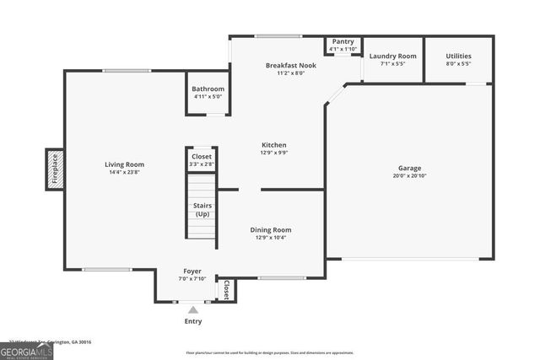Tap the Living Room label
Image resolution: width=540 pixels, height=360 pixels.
[x=124, y=164]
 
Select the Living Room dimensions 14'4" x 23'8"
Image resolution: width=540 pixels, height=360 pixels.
[x=124, y=173]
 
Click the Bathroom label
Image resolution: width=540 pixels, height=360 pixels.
[x=208, y=89]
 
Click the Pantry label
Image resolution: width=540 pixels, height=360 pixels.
[x=343, y=41]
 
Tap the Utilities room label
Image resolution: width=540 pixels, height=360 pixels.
[x=458, y=56]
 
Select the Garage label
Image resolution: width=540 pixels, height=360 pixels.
[x=409, y=168]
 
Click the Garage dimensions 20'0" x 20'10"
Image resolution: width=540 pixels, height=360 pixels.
[x=409, y=176]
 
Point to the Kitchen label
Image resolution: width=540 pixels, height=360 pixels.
[x=274, y=145]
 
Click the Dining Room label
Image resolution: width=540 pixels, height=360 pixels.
[x=270, y=229]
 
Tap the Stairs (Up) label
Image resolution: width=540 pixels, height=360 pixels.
[x=202, y=209]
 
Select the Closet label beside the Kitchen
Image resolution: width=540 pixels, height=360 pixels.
[x=202, y=156]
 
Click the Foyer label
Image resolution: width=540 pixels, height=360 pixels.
[x=192, y=271]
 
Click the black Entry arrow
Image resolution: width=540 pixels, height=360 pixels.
[x=192, y=309]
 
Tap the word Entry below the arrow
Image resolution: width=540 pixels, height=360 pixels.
[x=192, y=321]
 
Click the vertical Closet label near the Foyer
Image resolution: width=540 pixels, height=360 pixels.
[x=226, y=289]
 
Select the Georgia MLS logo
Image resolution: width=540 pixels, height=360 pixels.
[x=26, y=352]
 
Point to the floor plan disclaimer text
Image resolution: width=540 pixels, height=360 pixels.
[x=270, y=353]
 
